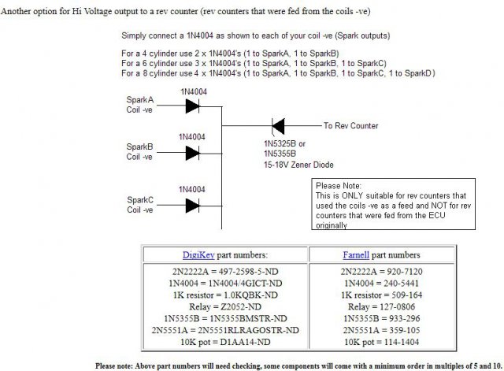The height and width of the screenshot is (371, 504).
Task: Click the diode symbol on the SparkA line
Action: pyautogui.click(x=191, y=106)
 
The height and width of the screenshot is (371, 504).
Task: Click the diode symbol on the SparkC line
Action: pyautogui.click(x=191, y=206)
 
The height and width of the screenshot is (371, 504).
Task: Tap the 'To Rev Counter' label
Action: pyautogui.click(x=350, y=126)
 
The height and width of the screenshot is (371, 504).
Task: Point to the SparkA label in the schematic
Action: pyautogui.click(x=140, y=101)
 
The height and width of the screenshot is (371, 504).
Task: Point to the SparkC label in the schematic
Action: pyautogui.click(x=140, y=199)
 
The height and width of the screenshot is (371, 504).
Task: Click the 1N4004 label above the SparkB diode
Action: pyautogui.click(x=192, y=136)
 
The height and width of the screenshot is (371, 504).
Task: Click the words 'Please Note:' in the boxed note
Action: pyautogui.click(x=337, y=184)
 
